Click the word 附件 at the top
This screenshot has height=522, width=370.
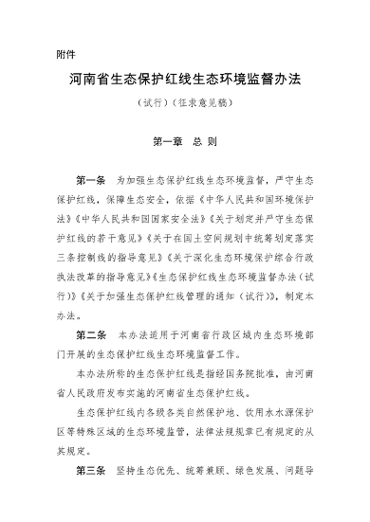pyautogui.click(x=66, y=53)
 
